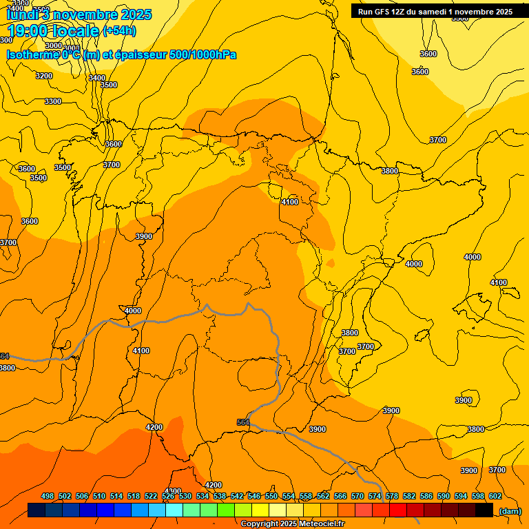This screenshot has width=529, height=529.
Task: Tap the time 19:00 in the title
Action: pos(27,31)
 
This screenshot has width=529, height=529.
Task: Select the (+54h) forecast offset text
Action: pos(119,31)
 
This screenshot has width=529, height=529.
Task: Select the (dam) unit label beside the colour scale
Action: pos(510,510)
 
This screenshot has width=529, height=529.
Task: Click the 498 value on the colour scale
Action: pos(48,496)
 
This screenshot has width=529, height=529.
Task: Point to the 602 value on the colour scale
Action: pos(495,496)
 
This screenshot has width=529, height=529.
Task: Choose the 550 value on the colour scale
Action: pos(271,496)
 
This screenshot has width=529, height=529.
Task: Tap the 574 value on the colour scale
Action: pos(375,496)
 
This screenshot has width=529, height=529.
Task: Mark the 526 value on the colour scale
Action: pos(168,496)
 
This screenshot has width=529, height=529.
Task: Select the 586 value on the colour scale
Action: pos(426,496)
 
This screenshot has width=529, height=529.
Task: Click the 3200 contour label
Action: pos(44,76)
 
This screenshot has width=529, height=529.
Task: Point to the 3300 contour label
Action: pos(53,101)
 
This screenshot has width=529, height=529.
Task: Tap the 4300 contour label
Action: pos(174,491)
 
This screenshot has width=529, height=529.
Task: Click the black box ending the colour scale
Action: pos(484,510)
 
